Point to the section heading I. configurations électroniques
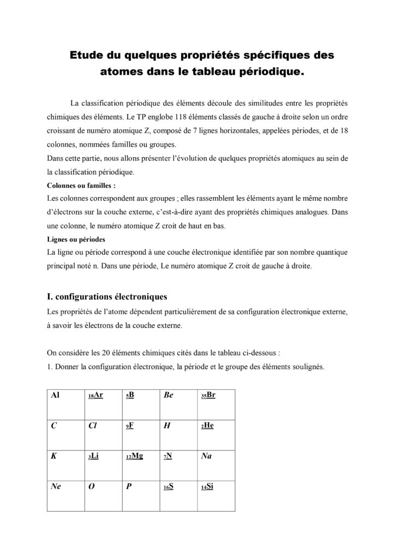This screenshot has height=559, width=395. tap(107, 297)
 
